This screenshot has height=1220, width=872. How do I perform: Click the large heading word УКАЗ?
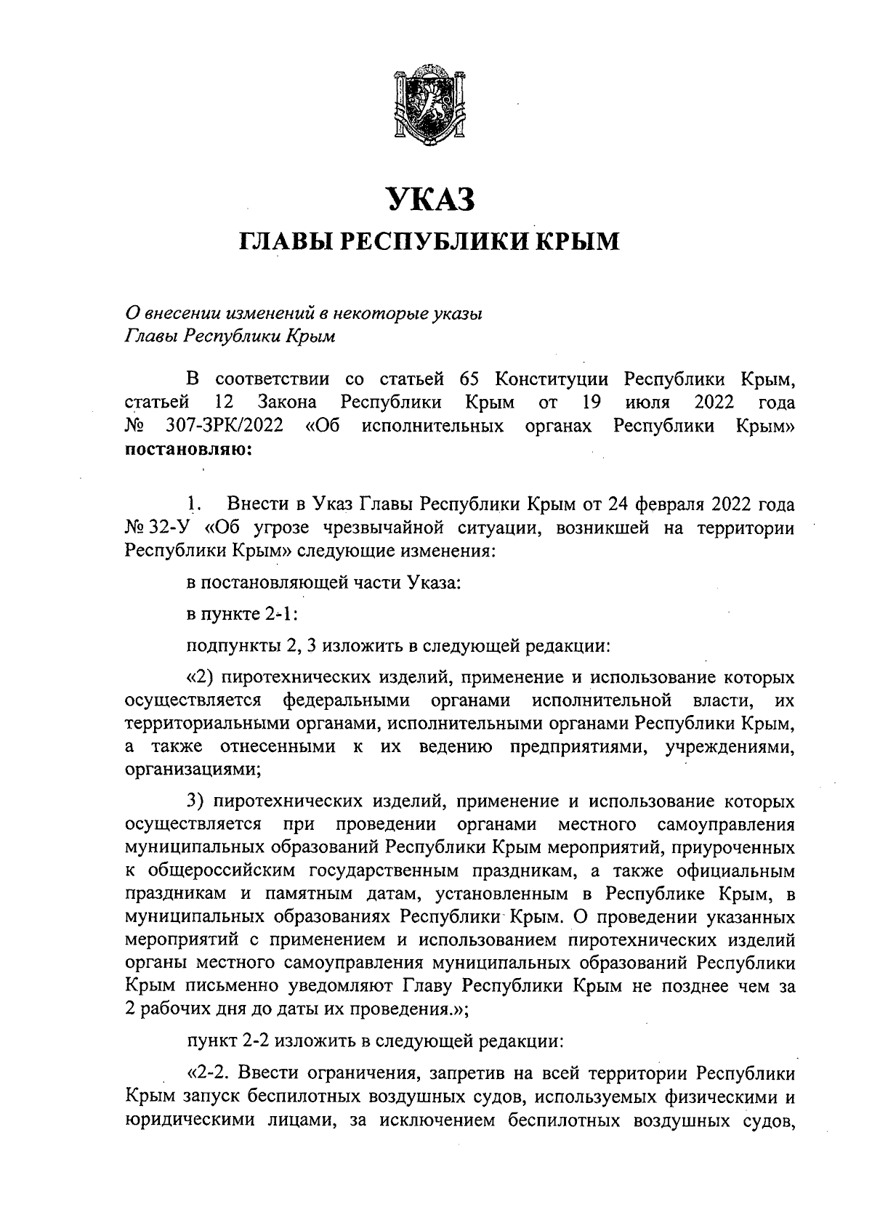[x=429, y=200]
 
